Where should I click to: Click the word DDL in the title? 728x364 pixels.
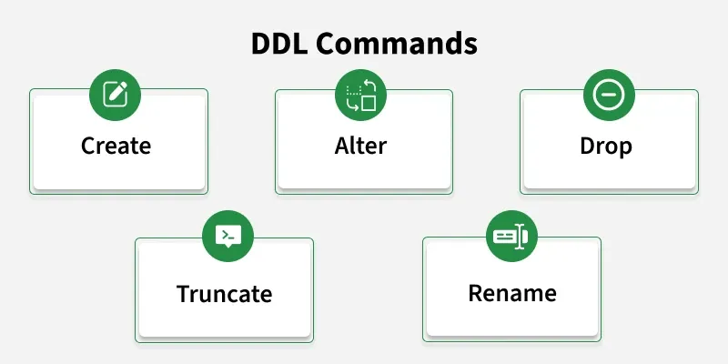click(x=279, y=44)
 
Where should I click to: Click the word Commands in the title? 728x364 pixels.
click(x=397, y=44)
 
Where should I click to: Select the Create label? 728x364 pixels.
click(x=116, y=146)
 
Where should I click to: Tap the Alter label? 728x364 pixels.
click(x=360, y=146)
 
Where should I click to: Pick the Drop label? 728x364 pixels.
click(x=606, y=147)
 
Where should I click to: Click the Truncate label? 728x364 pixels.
click(x=224, y=294)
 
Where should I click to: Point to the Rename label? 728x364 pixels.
click(x=512, y=293)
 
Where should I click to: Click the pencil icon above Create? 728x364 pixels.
click(x=116, y=95)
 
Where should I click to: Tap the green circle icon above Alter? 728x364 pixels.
click(x=360, y=95)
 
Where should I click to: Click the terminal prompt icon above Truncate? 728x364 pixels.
click(x=228, y=237)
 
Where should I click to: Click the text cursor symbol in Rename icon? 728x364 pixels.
click(x=520, y=237)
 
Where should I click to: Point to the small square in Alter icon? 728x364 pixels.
click(x=369, y=103)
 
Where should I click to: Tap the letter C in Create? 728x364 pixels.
click(x=88, y=146)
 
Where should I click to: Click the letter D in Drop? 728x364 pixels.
click(x=587, y=146)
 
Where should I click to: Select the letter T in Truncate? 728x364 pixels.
click(x=185, y=294)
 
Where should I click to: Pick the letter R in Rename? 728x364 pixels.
click(x=476, y=293)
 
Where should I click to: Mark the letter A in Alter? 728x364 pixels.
click(x=343, y=146)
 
